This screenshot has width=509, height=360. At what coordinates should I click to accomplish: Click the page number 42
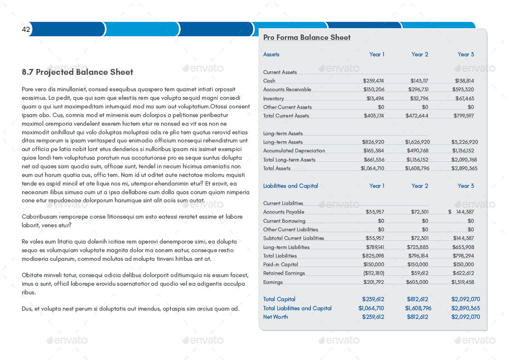pos(26,29)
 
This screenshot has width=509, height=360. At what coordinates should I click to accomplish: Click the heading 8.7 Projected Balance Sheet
pos(78,72)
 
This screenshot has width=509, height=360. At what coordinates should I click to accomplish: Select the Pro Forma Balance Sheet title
pos(307,38)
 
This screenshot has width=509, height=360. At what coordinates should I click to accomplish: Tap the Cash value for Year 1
pos(373,81)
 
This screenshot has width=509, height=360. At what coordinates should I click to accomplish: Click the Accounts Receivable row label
pos(287,89)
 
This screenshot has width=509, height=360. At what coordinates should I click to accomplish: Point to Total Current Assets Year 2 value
pos(417,116)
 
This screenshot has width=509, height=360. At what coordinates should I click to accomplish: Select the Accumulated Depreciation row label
pos(294,151)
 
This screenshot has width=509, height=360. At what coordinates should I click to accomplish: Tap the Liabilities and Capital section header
pos(291,186)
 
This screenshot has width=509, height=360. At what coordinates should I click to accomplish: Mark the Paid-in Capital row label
pos(281,264)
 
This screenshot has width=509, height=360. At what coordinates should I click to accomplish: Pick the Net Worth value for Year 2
pos(417,317)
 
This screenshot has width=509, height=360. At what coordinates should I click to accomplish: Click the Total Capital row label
pos(279,299)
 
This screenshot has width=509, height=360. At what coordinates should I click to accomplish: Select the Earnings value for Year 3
pos(463,282)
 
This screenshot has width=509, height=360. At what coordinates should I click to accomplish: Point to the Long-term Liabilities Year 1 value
pos(375,247)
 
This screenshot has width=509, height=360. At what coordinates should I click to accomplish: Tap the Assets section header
pos(271,54)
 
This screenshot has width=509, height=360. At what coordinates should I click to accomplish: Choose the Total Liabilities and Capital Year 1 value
pos(371,308)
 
